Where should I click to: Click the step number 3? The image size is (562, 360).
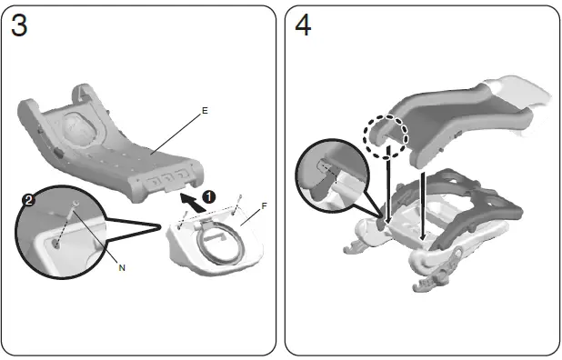click(x=19, y=26)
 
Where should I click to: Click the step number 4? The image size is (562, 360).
click(x=303, y=26)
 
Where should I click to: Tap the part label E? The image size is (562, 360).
click(x=205, y=111)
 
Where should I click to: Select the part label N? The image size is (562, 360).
click(x=121, y=267)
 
